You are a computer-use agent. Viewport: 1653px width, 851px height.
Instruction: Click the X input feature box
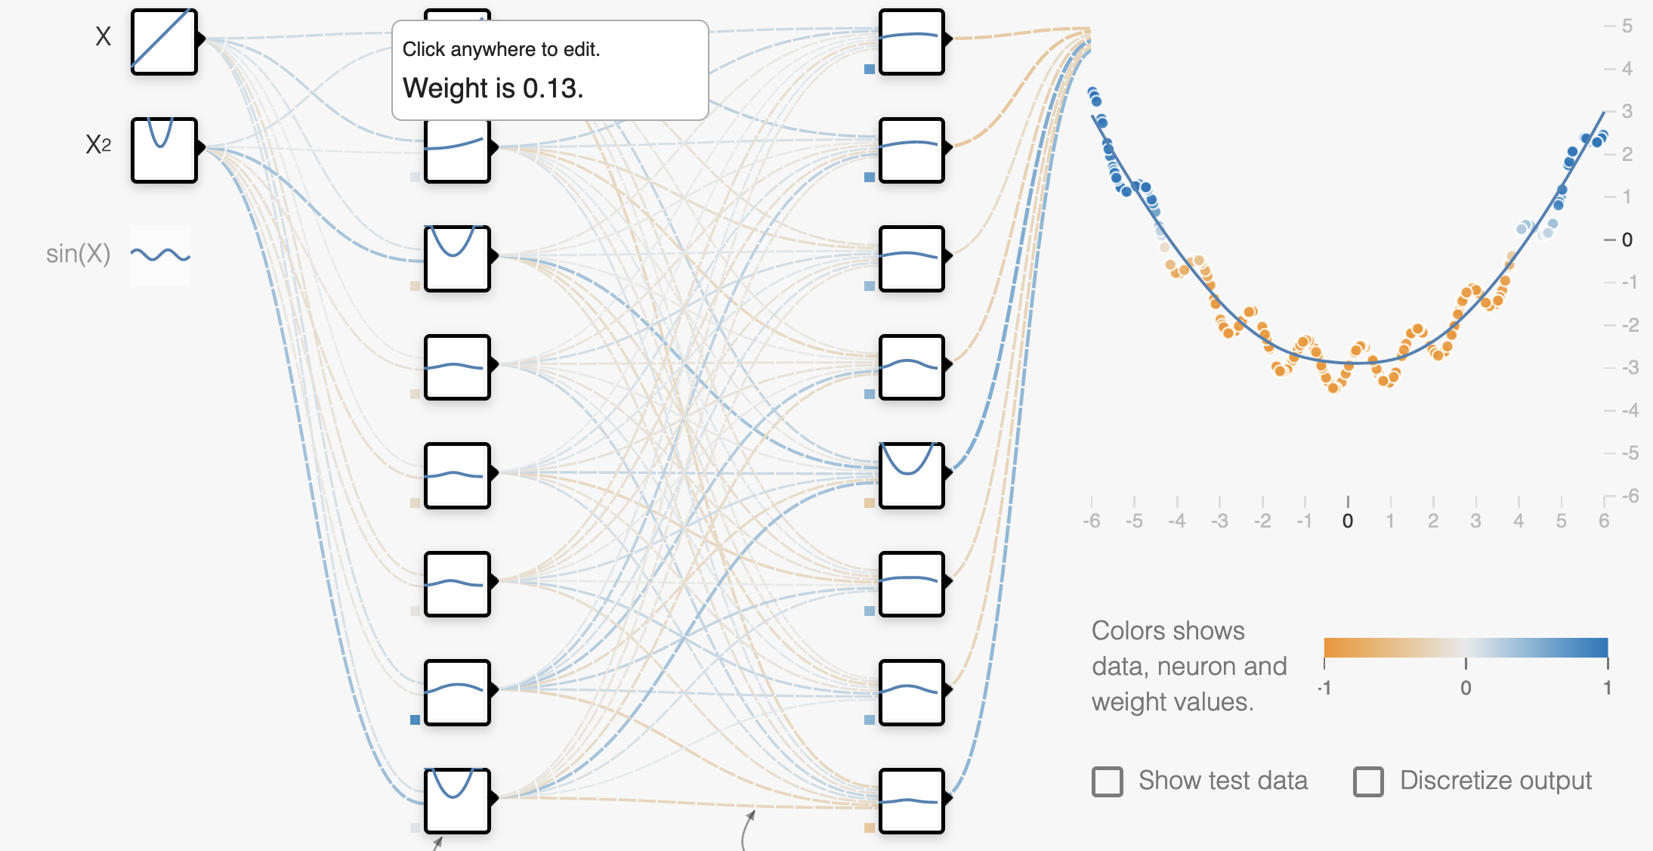coord(164,42)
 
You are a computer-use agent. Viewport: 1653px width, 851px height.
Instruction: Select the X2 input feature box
coord(164,150)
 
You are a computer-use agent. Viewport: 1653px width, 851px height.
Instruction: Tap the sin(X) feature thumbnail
coord(160,255)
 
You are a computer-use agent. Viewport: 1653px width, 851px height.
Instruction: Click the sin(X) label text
coord(78,254)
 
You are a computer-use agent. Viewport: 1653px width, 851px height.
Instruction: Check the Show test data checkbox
coord(1108,781)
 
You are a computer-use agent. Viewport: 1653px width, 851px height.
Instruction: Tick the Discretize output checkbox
coord(1368,781)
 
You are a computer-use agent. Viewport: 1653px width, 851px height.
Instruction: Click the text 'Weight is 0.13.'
coord(493,88)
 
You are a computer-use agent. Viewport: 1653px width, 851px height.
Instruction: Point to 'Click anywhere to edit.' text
coord(501,49)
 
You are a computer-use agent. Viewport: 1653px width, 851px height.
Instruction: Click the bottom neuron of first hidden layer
coord(457,800)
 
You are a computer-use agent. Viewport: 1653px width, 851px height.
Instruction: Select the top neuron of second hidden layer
coord(912,42)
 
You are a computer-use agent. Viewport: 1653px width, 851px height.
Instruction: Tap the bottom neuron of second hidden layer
coord(912,800)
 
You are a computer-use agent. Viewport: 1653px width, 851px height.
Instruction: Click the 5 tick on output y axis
coord(1627,26)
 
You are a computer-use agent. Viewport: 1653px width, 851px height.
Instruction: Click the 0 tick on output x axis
coord(1348,521)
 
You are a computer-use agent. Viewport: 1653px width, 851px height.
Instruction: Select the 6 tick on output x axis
coord(1604,521)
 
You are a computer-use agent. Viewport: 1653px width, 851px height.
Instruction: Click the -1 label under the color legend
coord(1324,688)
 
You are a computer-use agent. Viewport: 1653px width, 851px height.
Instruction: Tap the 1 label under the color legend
coord(1608,688)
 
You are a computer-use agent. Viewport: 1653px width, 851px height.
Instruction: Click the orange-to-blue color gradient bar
coord(1466,648)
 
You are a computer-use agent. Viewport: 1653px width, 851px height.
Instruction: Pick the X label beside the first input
coord(104,36)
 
